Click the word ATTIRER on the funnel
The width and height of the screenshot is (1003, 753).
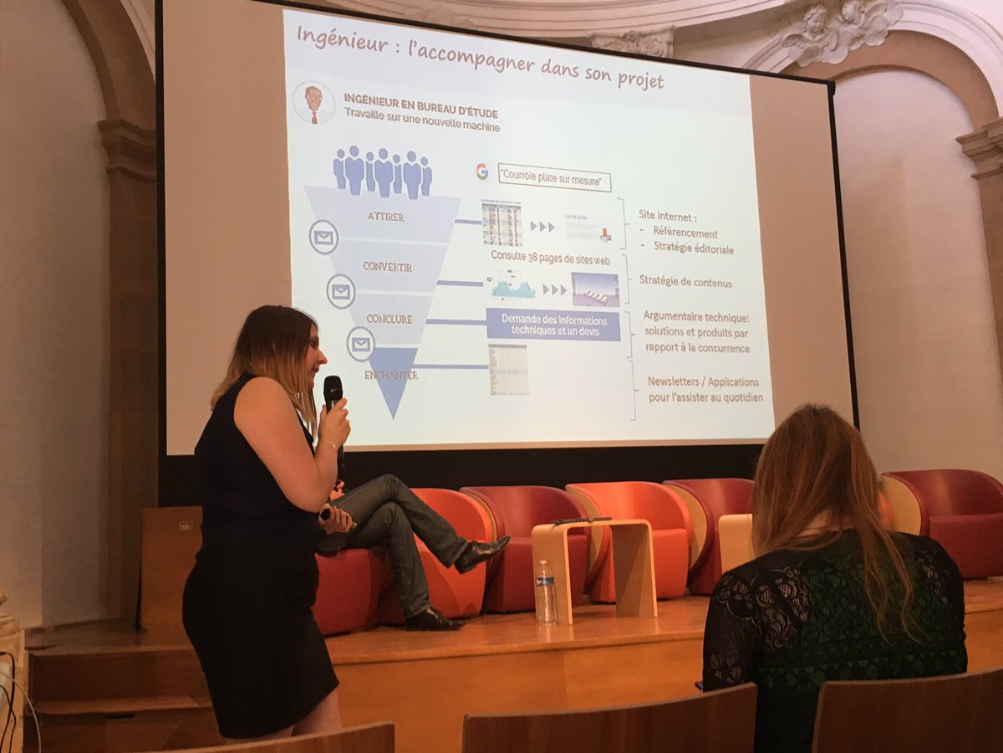click(x=385, y=217)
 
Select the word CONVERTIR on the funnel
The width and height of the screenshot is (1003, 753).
click(x=387, y=267)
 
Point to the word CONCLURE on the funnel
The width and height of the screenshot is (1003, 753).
click(x=389, y=319)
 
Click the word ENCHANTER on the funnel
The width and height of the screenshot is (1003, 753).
click(x=390, y=376)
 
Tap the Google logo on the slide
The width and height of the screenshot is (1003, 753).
click(x=481, y=172)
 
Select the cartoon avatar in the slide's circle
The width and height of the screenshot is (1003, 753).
click(x=313, y=102)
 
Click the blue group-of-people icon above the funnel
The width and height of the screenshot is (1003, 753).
click(x=383, y=171)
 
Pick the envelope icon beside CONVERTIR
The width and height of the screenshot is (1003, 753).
click(x=340, y=291)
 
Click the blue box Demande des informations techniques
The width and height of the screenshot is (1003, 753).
click(x=553, y=324)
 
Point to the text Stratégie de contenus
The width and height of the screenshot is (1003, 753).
click(x=685, y=282)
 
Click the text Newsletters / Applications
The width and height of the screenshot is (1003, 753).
click(x=703, y=382)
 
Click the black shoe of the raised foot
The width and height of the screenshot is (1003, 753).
click(x=481, y=553)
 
